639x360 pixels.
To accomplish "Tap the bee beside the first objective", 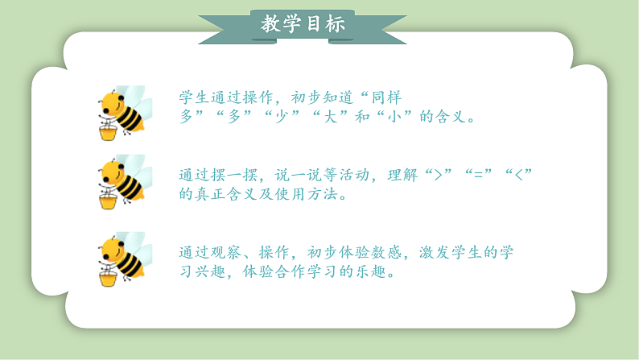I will (122, 108).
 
